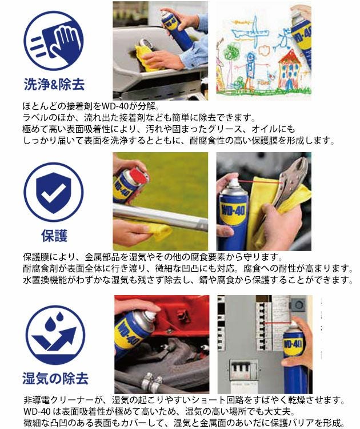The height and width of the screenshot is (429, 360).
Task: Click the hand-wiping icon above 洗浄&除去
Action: click(53, 40)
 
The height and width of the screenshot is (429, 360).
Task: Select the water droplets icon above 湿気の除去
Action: click(53, 334)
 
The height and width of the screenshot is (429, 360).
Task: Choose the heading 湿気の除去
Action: click(55, 378)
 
